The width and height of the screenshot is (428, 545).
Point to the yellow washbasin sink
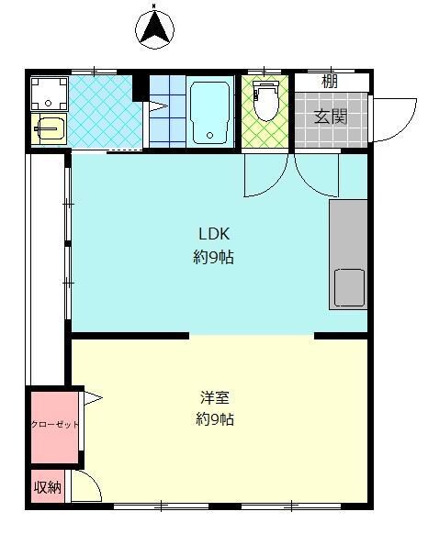(50, 129)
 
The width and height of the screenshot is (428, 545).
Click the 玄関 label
(331, 117)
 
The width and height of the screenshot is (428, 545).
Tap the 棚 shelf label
(330, 82)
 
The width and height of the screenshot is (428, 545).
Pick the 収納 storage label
(48, 487)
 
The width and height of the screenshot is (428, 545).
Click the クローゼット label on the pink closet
(55, 425)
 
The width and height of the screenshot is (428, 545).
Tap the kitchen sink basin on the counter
(349, 287)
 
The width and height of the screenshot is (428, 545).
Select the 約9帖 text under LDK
(213, 258)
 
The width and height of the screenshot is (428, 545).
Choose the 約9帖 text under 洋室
(215, 419)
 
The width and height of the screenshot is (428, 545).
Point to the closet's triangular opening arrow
(93, 397)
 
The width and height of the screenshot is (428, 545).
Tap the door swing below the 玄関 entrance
(317, 174)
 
